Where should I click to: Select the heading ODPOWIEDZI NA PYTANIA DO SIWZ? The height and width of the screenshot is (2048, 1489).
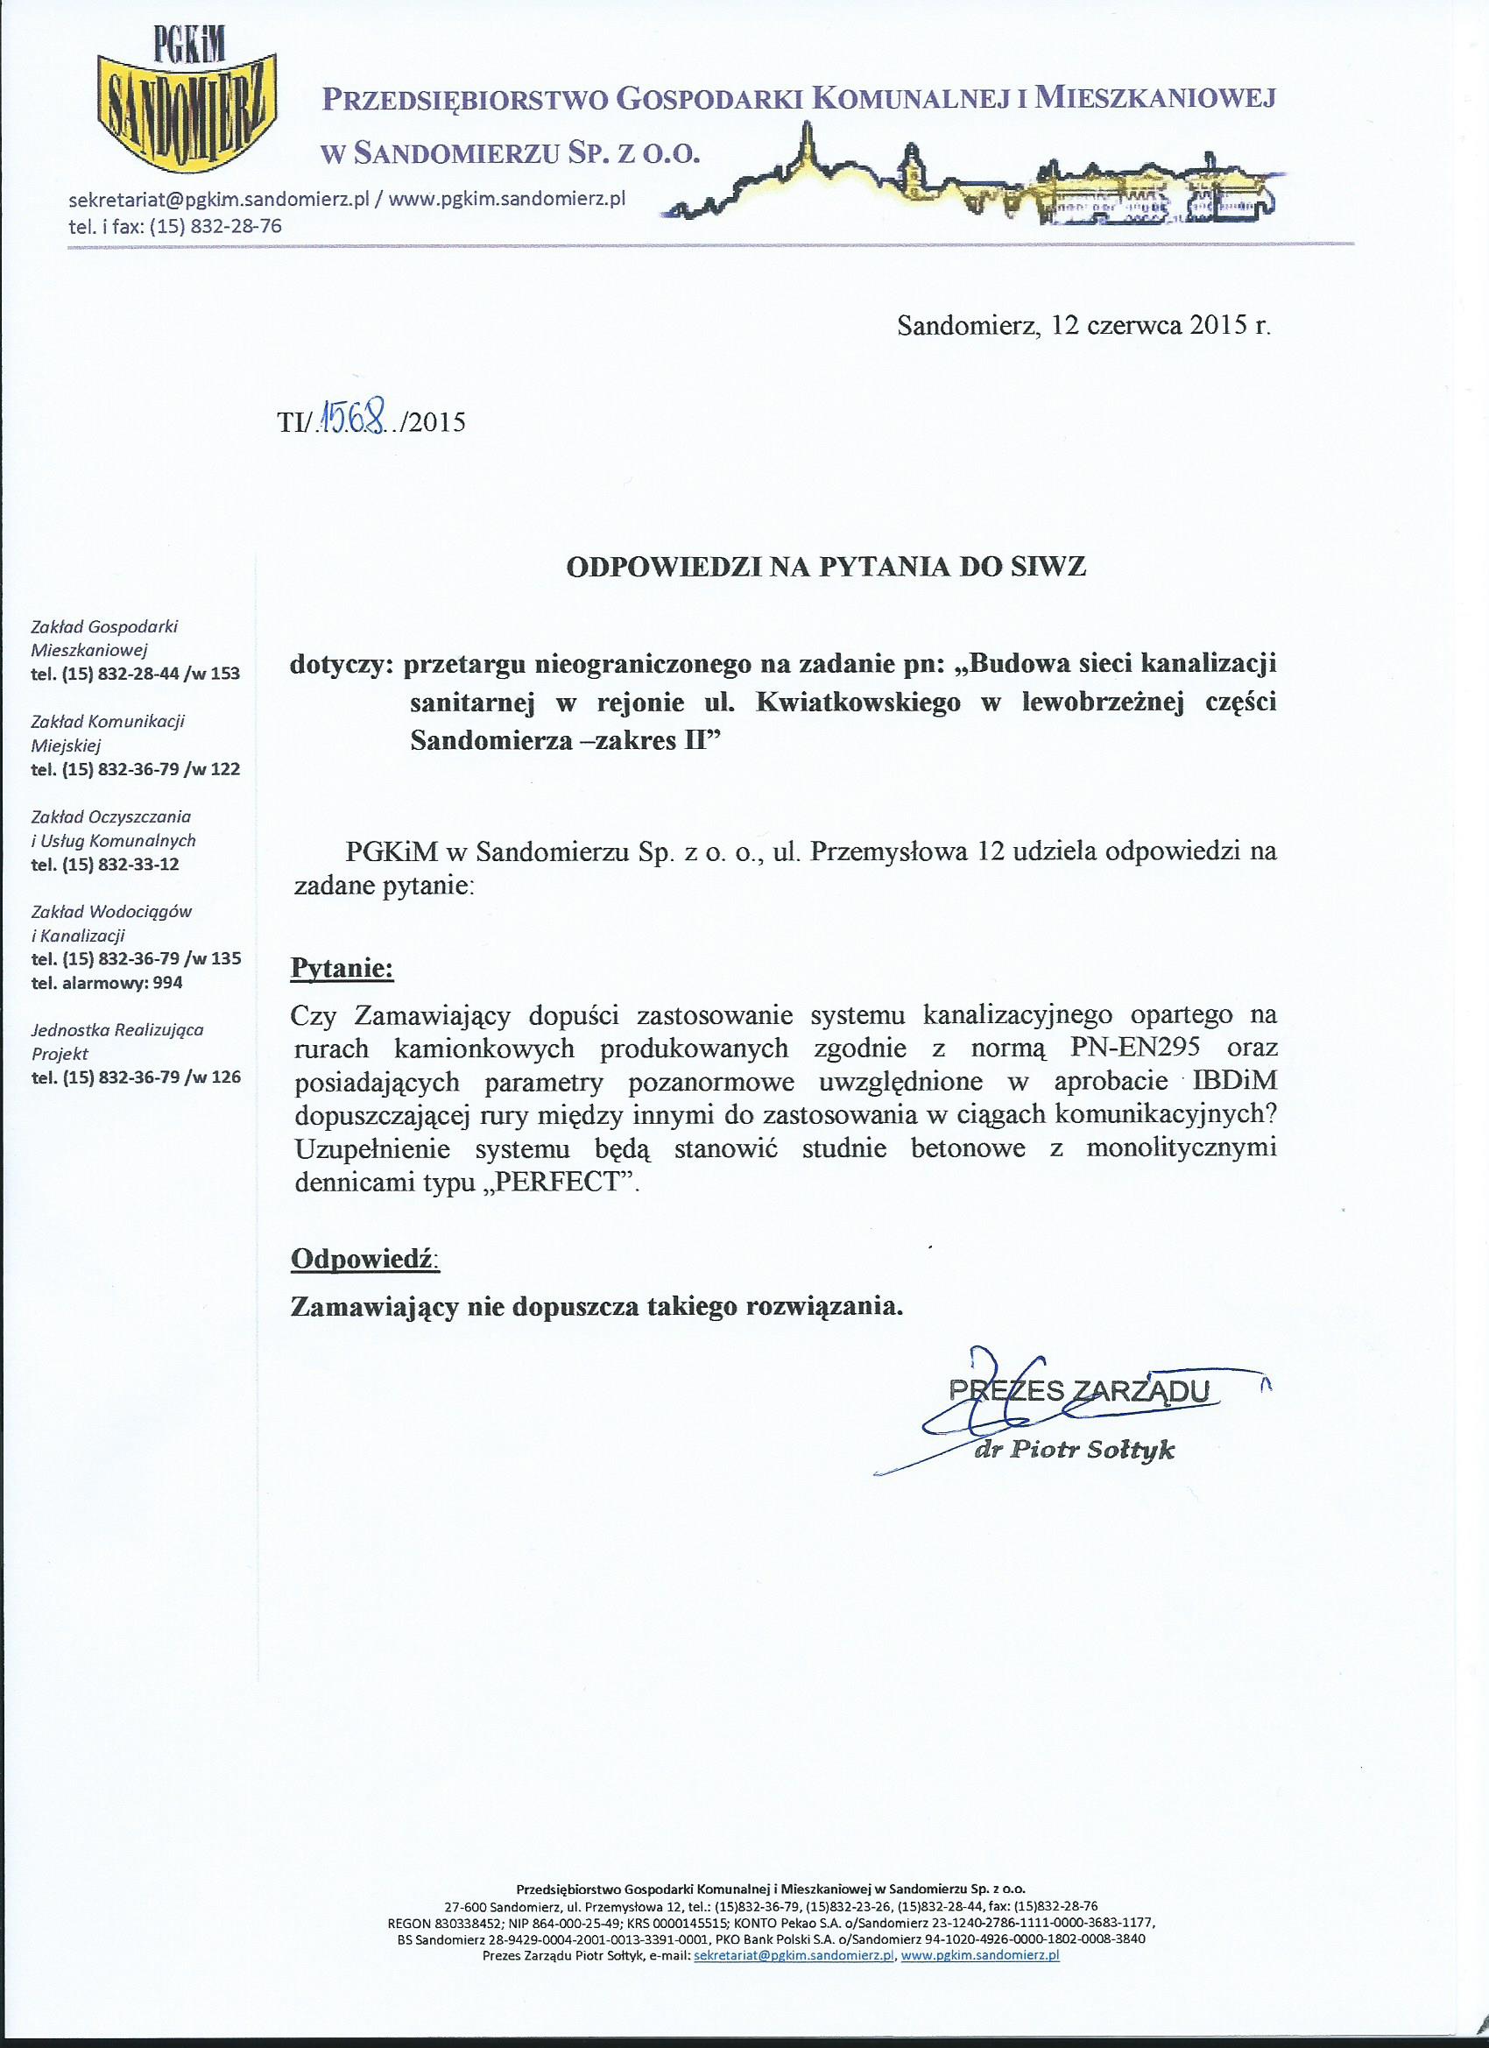point(825,566)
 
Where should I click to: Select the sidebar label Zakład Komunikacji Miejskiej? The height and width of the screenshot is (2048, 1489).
point(108,733)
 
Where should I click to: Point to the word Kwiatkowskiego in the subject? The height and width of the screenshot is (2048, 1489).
point(847,703)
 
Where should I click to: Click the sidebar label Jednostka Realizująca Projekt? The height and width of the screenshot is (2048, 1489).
point(117,1042)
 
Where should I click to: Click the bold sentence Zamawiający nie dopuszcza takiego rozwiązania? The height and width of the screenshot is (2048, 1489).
point(596,1307)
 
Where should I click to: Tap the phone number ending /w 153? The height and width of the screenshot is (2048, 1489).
point(137,673)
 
